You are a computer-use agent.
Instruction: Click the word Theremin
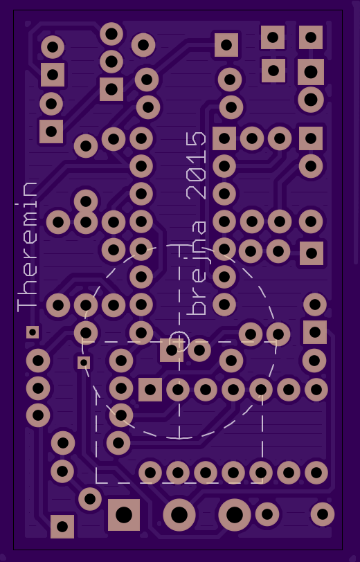coord(27,247)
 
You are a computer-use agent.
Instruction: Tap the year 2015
coord(197,165)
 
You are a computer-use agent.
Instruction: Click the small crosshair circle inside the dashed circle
coord(179,341)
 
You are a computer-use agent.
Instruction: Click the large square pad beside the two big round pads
coord(124,515)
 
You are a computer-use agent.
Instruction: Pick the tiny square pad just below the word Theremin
coord(33,332)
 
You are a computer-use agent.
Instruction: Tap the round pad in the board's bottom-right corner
coord(323,514)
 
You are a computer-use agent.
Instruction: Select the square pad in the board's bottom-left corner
coord(62,527)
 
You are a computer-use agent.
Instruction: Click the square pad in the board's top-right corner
coord(311,37)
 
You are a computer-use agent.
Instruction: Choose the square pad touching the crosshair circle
coord(172,350)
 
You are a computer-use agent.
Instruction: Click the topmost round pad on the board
coord(111,34)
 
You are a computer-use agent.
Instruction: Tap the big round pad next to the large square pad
coord(179,515)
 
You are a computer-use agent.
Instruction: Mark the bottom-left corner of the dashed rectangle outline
coord(96,482)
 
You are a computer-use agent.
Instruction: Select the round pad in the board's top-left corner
coord(53,47)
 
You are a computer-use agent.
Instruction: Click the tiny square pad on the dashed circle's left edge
coord(84,363)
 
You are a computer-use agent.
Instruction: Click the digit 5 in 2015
coord(197,139)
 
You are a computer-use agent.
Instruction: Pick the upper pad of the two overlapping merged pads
coord(86,201)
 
